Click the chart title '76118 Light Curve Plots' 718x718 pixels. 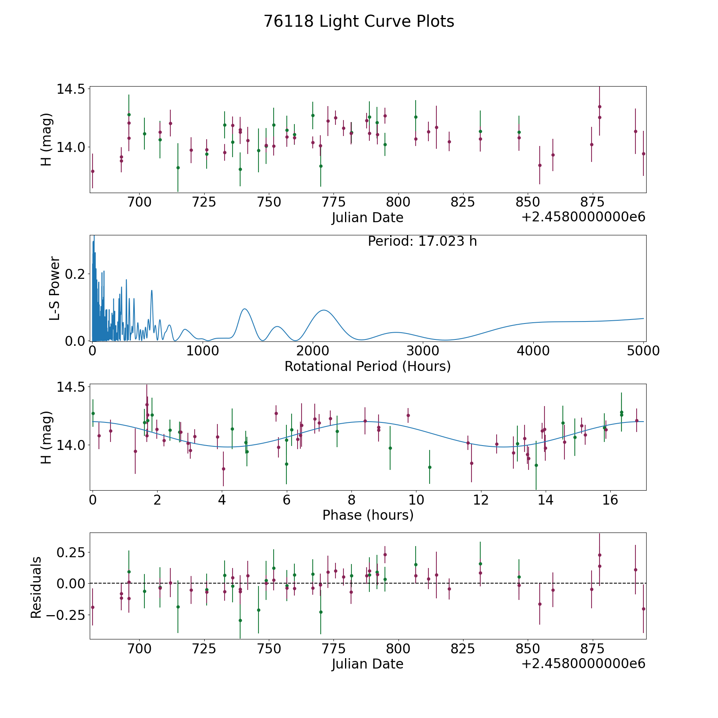[359, 22]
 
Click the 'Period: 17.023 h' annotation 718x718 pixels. [422, 241]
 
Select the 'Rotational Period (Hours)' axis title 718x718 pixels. [367, 366]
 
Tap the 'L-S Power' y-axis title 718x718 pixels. [55, 288]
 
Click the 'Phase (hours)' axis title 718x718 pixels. [368, 515]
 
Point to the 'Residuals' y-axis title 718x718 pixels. [36, 588]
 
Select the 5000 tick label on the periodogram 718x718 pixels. [643, 351]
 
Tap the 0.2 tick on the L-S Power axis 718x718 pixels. [76, 274]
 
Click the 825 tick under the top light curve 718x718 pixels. [463, 202]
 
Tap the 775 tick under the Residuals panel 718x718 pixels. [333, 649]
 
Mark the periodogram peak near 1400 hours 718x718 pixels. [245, 309]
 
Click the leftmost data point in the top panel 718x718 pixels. [93, 171]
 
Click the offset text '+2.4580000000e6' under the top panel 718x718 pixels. [583, 217]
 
